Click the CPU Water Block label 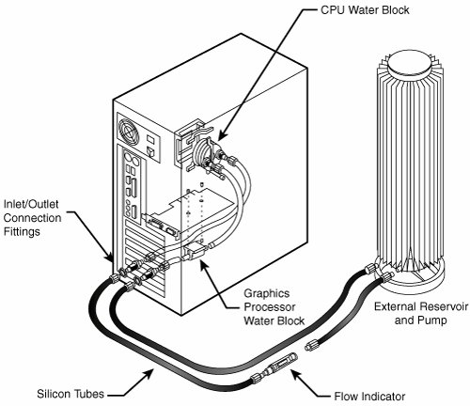[365, 10]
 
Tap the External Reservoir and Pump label [421, 313]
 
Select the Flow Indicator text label [369, 397]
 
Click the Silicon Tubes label [70, 394]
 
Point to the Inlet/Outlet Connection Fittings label [32, 218]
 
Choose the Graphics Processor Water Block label [274, 307]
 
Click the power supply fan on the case [129, 132]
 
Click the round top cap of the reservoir [408, 66]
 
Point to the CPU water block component [205, 152]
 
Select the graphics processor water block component [195, 252]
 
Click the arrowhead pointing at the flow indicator [295, 373]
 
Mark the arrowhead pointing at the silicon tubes [149, 373]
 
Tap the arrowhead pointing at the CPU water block [222, 136]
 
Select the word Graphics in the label [267, 293]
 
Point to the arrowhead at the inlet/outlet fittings [109, 258]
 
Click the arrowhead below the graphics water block [204, 265]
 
